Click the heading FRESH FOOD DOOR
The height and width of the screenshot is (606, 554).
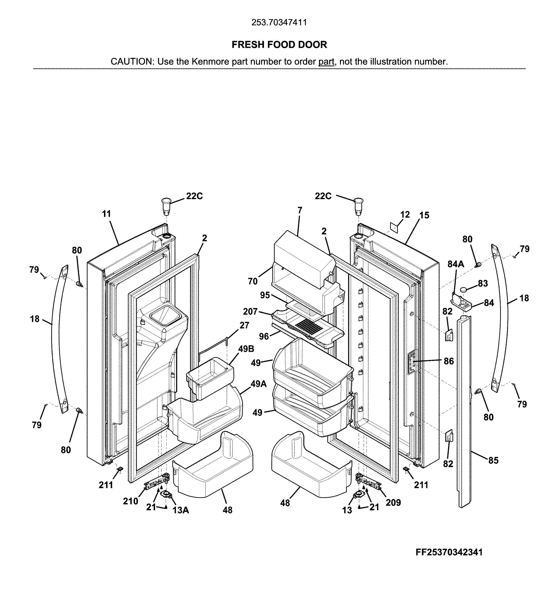[279, 45]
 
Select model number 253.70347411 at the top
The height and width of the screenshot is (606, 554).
[279, 23]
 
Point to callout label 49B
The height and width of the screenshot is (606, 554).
[246, 349]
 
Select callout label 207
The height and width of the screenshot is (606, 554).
[250, 311]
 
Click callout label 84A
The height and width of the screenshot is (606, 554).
[456, 264]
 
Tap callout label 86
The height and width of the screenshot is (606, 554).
[449, 361]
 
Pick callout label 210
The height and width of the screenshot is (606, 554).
[130, 501]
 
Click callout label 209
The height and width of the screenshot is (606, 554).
[393, 502]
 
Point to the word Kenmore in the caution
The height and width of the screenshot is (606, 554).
[210, 62]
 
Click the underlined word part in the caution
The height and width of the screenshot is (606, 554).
[326, 62]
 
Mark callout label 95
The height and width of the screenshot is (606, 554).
[265, 295]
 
